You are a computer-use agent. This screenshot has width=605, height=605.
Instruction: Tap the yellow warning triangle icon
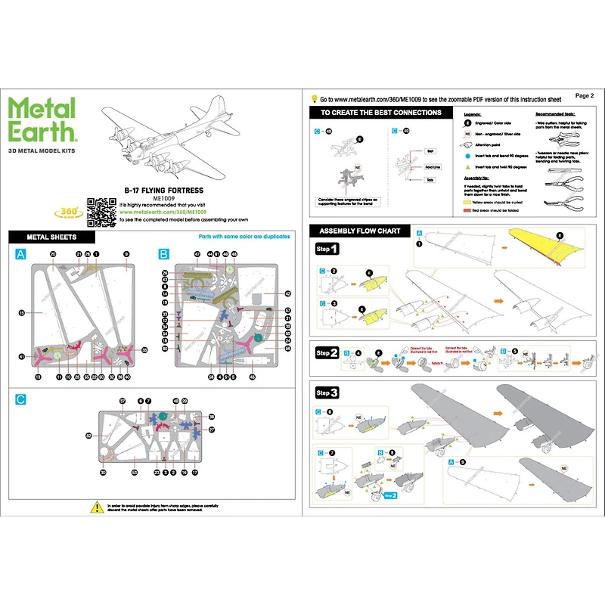tap(96, 505)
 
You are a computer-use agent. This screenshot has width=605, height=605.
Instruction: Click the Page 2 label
tap(585, 96)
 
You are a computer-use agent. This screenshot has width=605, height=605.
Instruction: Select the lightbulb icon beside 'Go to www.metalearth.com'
tap(314, 99)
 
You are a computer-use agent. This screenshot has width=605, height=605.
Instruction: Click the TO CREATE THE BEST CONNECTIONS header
tap(380, 113)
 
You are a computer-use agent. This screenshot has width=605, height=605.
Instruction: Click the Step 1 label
tap(327, 249)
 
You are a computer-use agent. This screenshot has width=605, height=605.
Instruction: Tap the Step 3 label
tap(327, 392)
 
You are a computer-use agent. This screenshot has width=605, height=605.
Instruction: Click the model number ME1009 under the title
tap(163, 200)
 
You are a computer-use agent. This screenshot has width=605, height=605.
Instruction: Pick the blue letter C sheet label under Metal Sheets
tap(20, 399)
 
